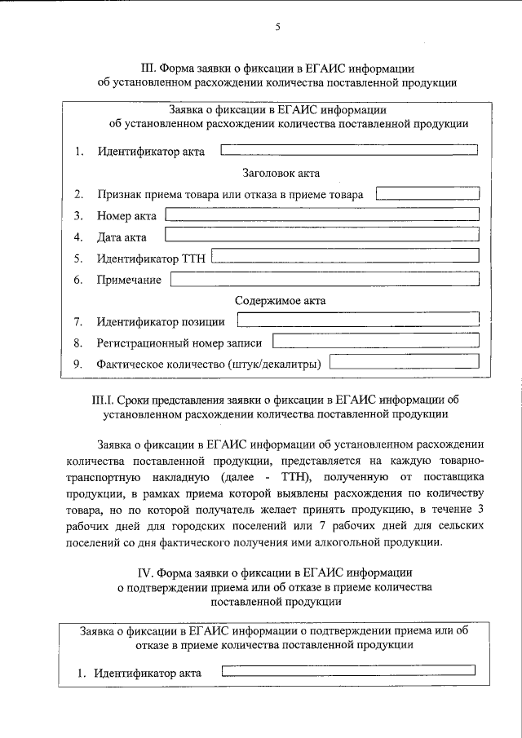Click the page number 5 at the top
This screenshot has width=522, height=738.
click(277, 28)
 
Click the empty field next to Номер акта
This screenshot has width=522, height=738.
click(322, 214)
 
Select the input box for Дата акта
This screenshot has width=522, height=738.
click(322, 236)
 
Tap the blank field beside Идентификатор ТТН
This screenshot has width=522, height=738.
click(345, 258)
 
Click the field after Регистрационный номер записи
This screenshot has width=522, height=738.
click(376, 342)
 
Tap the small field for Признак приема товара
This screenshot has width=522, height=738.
click(427, 193)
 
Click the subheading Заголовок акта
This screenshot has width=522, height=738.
click(281, 173)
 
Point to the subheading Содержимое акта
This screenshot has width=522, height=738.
click(281, 300)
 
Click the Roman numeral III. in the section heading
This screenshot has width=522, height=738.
click(147, 68)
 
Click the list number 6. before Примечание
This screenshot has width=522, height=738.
click(78, 281)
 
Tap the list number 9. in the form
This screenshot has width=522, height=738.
click(78, 364)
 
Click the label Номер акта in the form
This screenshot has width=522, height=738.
click(127, 216)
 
